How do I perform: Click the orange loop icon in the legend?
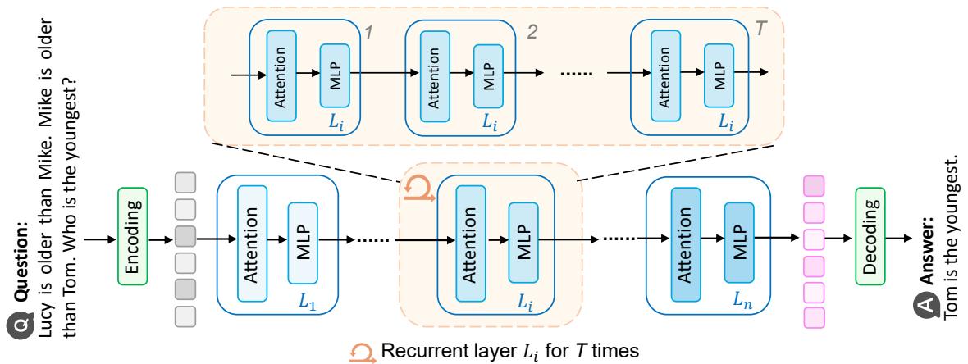coord(360,352)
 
